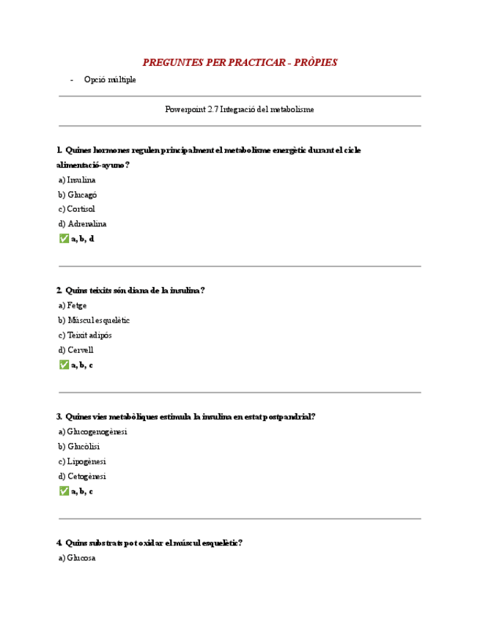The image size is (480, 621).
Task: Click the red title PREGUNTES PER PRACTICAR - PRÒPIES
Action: [240, 62]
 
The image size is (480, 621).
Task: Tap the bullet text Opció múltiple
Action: [110, 79]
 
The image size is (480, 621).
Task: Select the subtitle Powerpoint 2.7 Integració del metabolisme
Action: [240, 109]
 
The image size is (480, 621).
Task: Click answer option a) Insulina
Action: [77, 179]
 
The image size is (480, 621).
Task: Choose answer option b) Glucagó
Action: [78, 195]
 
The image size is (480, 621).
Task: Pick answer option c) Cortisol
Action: [77, 209]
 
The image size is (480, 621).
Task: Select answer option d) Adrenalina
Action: [82, 224]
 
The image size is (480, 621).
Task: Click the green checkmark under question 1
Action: [64, 239]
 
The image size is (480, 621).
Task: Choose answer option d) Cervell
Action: [76, 350]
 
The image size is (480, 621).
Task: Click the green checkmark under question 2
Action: [64, 365]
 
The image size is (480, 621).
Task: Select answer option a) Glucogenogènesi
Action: [92, 431]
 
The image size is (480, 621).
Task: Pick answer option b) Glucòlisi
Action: [79, 447]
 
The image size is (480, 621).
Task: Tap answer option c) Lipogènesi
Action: [82, 461]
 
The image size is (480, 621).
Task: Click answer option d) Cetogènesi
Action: [83, 476]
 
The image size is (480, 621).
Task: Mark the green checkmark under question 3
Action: [64, 491]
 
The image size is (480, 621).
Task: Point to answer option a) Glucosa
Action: [77, 558]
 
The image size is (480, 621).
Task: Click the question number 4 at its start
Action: [59, 543]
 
